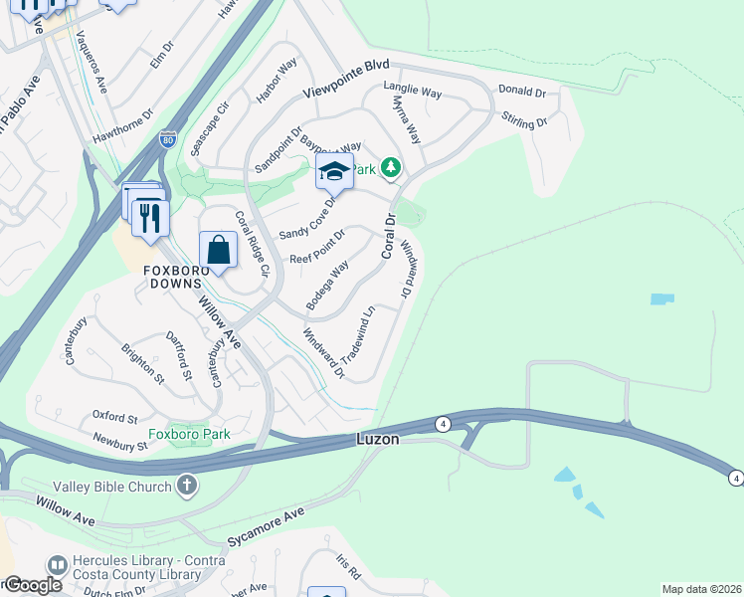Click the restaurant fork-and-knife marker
click(150, 218)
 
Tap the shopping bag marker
click(218, 250)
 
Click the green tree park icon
click(392, 167)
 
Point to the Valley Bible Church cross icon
click(186, 485)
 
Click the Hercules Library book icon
click(57, 565)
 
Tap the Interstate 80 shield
click(168, 140)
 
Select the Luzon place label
click(378, 439)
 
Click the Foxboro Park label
click(189, 434)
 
